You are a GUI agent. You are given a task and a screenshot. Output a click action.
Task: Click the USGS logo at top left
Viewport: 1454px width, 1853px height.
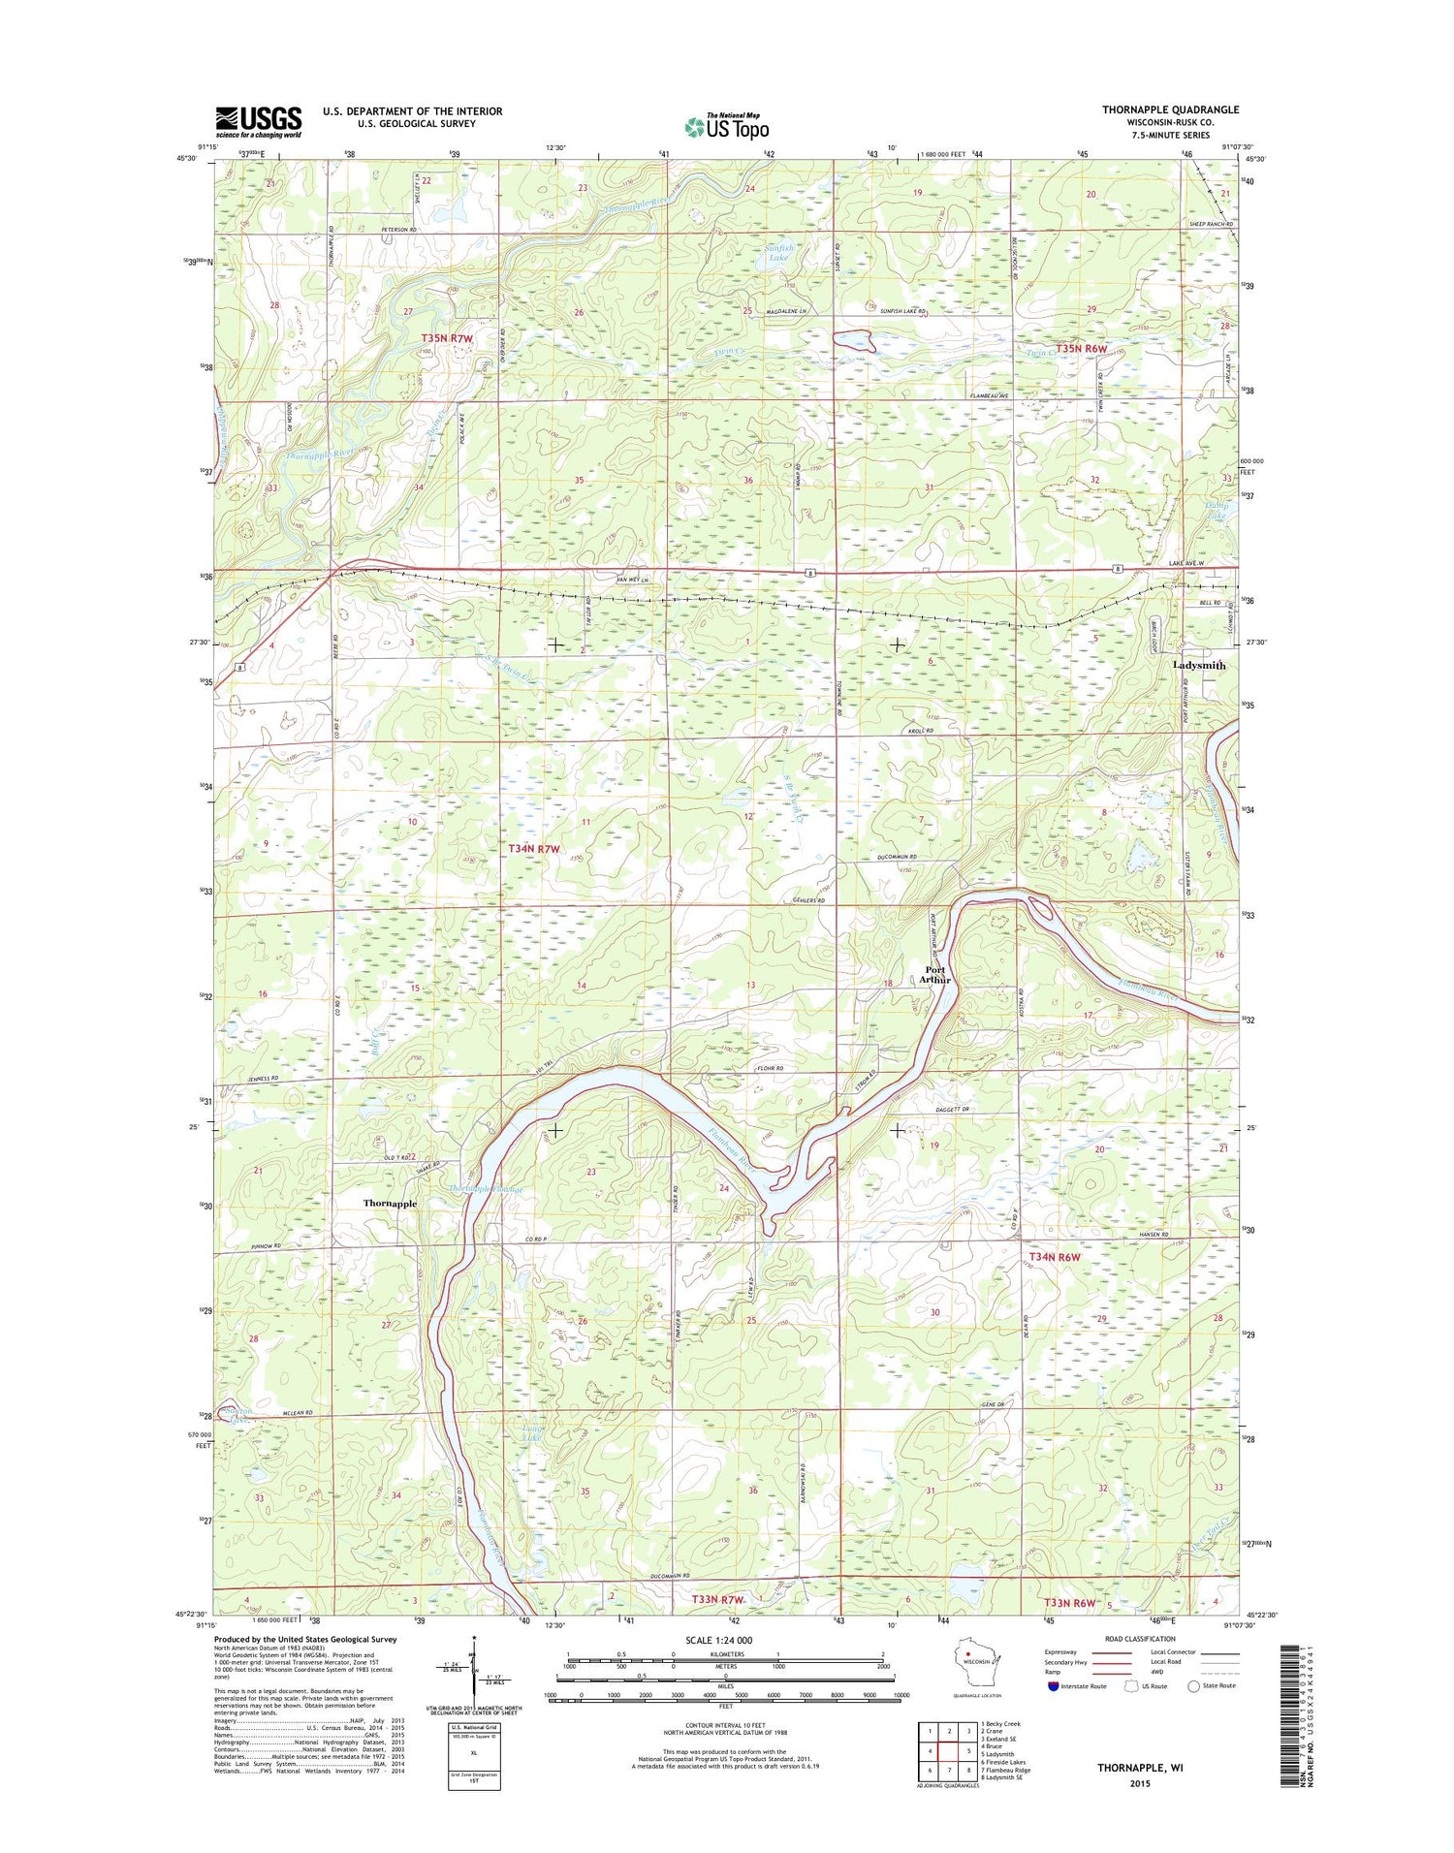pos(258,122)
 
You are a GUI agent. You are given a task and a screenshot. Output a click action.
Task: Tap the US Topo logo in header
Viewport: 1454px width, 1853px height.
pos(727,126)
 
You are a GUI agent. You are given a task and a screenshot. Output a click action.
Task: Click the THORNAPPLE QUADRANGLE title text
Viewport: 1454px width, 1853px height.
pos(1170,110)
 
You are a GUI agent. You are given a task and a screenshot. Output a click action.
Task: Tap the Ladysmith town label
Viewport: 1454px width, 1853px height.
pos(1198,666)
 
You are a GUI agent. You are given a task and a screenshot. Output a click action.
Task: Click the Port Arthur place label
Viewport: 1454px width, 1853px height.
pos(935,974)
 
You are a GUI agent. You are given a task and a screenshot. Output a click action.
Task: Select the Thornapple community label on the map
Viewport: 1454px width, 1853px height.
pos(390,1203)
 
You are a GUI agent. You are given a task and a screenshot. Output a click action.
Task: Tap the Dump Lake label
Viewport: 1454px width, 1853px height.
pos(1216,511)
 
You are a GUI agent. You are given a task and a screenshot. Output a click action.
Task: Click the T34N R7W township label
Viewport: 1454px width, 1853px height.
pos(534,849)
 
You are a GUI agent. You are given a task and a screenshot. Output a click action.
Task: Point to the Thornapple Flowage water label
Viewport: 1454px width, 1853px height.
pos(487,1189)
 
